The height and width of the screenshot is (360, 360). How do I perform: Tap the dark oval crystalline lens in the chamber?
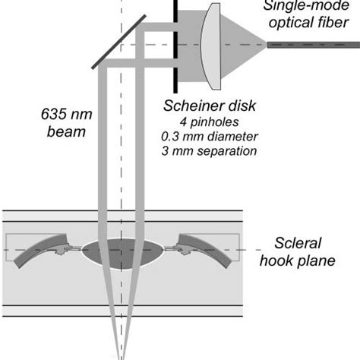tap(122, 251)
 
